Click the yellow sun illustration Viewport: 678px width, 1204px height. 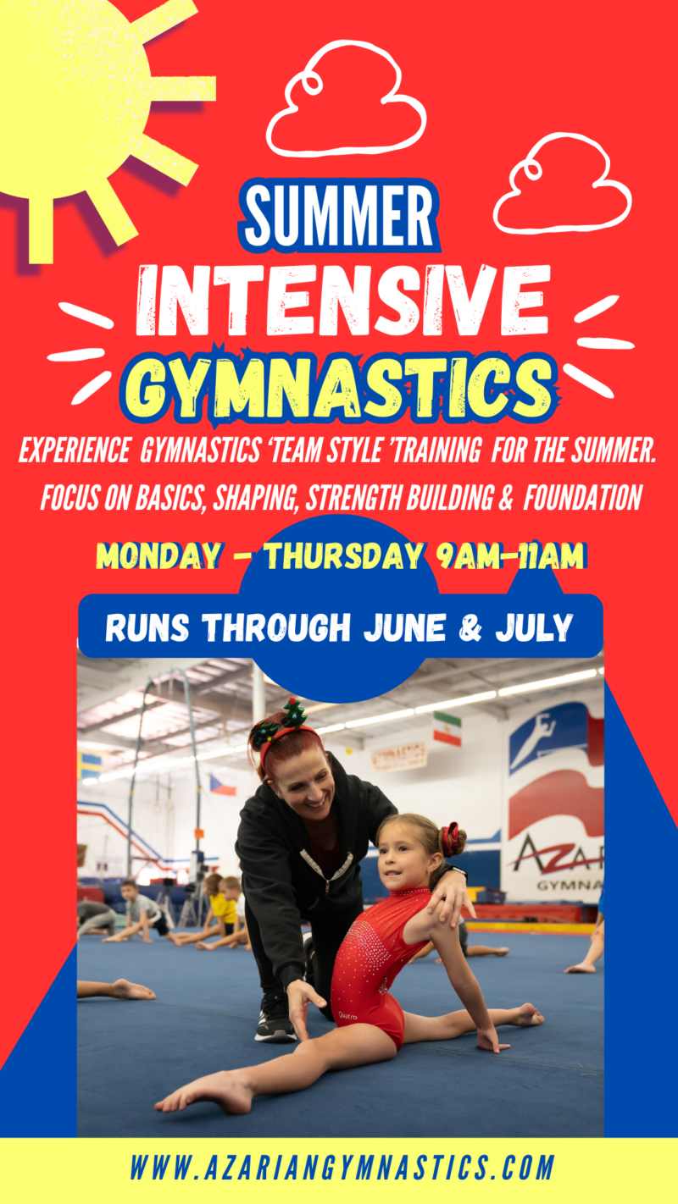coord(68,93)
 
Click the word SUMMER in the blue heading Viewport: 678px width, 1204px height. coord(339,217)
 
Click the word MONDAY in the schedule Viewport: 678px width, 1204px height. coord(157,555)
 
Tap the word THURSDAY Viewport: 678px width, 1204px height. coord(343,555)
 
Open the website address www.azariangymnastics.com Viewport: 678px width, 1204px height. coord(343,1169)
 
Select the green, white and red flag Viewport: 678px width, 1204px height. coord(447,728)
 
